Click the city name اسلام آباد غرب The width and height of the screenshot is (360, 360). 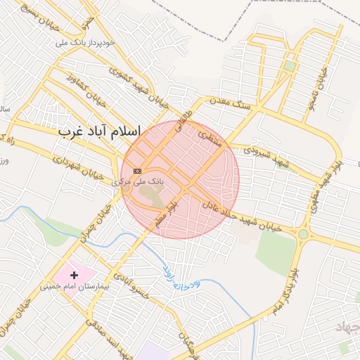click(99, 131)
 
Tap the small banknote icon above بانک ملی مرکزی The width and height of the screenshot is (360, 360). click(137, 171)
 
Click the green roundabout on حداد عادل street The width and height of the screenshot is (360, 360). click(303, 234)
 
